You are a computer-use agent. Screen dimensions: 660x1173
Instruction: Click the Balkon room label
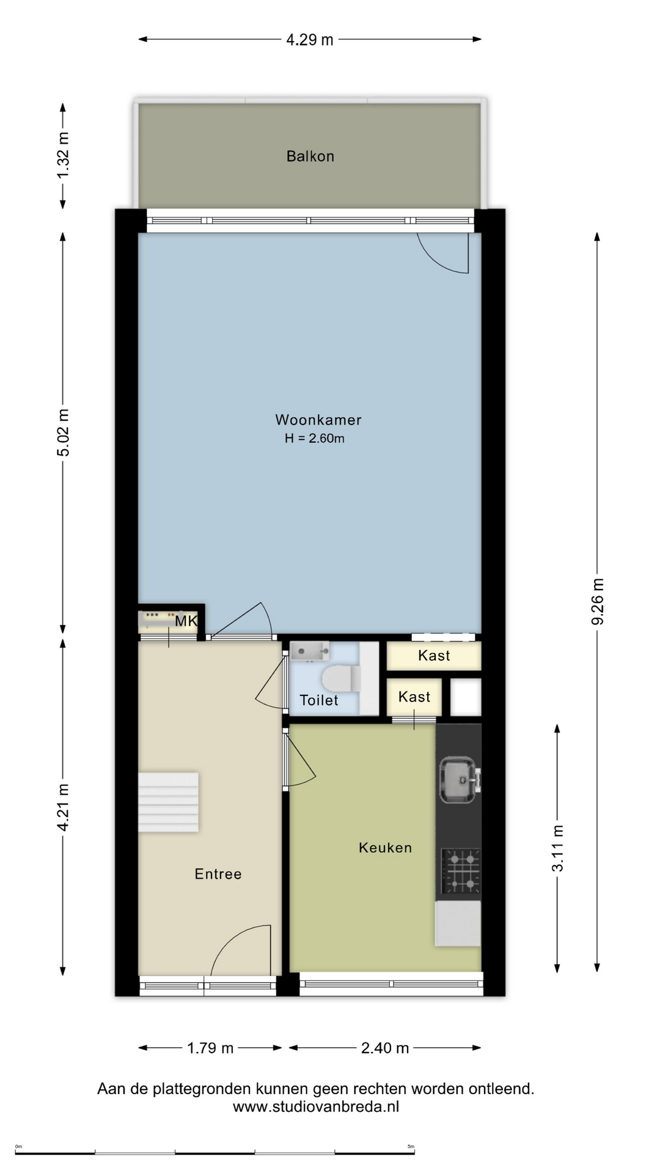tap(310, 156)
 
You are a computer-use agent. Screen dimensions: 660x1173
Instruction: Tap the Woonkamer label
tap(318, 420)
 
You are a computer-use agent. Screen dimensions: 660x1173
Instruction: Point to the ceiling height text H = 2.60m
tap(315, 438)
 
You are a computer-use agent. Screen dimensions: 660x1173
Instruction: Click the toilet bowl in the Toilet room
tap(340, 678)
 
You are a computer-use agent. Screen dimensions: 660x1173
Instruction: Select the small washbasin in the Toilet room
tap(309, 651)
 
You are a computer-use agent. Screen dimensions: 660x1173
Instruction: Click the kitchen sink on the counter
tap(459, 780)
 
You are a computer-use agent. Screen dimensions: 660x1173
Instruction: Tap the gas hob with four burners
tap(461, 871)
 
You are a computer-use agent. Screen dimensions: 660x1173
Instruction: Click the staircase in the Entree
tap(168, 802)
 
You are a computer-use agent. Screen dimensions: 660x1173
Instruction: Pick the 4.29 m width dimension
tap(310, 40)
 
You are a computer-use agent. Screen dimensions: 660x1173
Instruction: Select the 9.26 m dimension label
tap(598, 601)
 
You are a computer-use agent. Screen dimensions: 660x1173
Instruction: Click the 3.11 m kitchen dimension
tap(557, 848)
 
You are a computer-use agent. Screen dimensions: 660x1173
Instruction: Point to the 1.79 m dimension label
tap(210, 1048)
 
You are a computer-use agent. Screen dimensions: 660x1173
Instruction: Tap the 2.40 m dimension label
tap(385, 1048)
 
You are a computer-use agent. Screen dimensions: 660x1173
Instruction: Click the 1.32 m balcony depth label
tap(63, 155)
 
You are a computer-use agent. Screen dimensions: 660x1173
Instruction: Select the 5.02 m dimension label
tap(63, 433)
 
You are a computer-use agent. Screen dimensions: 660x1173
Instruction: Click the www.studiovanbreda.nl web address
tap(316, 1106)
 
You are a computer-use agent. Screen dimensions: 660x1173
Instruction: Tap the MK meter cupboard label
tap(186, 621)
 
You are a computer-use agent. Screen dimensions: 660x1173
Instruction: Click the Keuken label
tap(385, 847)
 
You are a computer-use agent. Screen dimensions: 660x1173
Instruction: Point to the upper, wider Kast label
tap(434, 656)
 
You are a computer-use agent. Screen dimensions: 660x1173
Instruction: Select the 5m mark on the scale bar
tap(411, 1147)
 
